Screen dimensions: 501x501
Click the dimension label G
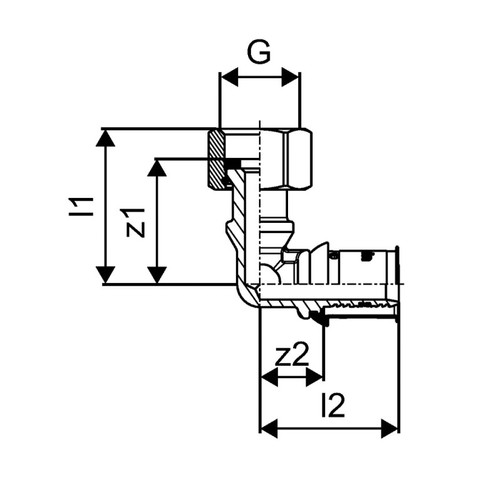[x=259, y=53]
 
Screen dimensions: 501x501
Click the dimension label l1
[x=82, y=207]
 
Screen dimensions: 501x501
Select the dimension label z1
[x=135, y=222]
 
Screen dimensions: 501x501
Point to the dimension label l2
[x=333, y=406]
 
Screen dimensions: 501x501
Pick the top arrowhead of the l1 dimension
[x=106, y=138]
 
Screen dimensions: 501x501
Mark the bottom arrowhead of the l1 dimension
[x=106, y=274]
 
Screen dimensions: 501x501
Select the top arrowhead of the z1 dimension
[x=157, y=167]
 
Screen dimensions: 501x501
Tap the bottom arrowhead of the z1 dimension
[x=157, y=274]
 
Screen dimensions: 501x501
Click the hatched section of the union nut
[x=216, y=160]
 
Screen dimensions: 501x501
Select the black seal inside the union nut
[x=233, y=165]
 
